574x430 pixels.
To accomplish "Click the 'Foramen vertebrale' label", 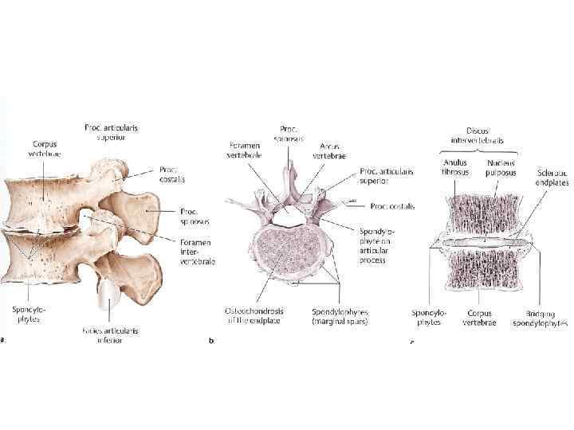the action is tap(244, 150).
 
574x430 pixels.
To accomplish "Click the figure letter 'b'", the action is tap(210, 340).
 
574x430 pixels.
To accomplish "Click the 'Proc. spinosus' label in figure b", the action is tap(289, 133).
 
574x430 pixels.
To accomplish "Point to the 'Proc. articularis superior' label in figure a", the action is tap(115, 131).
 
